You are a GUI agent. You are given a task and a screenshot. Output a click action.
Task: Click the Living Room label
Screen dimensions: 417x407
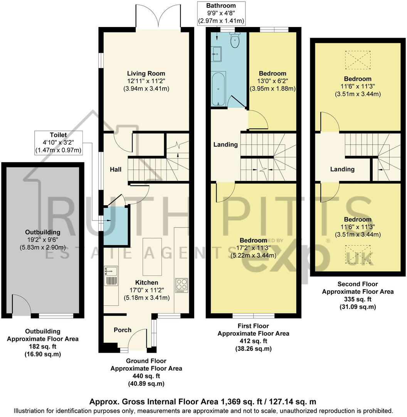click(x=146, y=73)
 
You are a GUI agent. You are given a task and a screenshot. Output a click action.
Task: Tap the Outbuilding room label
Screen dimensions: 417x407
click(x=43, y=232)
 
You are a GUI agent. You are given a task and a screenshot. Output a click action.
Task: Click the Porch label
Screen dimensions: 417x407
click(x=122, y=330)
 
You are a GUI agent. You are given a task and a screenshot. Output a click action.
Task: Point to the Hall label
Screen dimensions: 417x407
click(x=116, y=169)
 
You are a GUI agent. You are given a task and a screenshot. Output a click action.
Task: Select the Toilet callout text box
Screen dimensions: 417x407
click(x=58, y=142)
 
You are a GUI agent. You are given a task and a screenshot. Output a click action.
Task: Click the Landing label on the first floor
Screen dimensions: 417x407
click(x=225, y=144)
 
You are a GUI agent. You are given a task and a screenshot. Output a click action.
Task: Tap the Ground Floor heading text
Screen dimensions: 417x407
click(x=146, y=361)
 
